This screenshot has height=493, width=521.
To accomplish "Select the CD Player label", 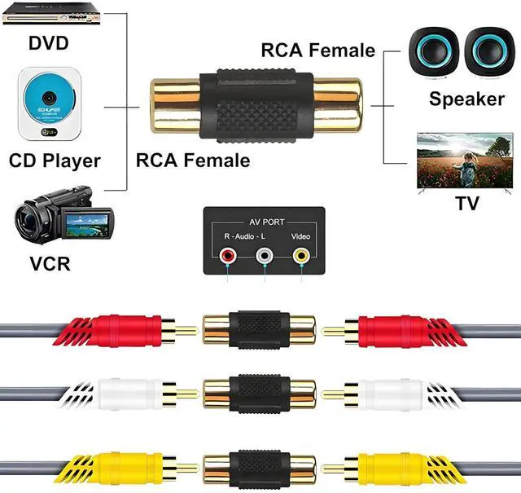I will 55,161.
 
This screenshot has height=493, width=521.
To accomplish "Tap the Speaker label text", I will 467,99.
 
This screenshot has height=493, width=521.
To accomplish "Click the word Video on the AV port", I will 300,236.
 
